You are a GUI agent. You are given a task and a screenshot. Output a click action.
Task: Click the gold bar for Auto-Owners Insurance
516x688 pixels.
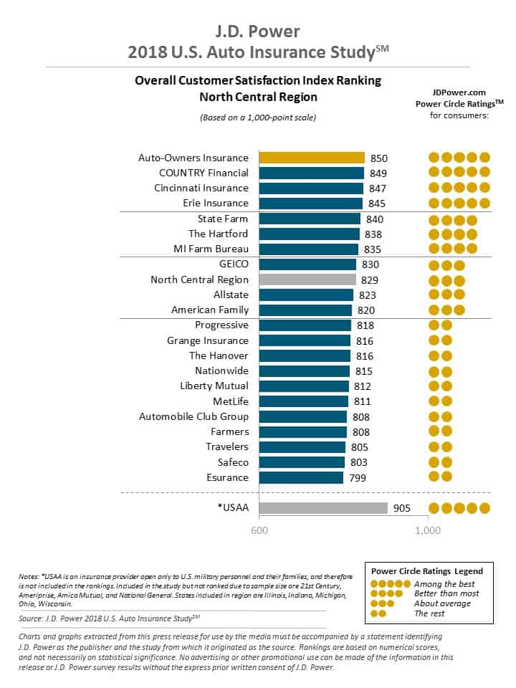point(312,158)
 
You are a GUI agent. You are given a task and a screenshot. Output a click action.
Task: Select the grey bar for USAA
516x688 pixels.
point(323,508)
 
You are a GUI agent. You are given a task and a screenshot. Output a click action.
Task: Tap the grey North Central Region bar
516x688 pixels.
point(307,279)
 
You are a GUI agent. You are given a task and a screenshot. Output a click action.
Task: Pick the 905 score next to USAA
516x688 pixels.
point(403,508)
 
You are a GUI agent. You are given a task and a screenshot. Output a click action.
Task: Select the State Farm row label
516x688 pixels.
point(223,219)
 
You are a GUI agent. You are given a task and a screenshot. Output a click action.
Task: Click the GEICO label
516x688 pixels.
point(234,264)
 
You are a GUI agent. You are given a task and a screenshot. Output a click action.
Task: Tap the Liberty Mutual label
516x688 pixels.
point(214,386)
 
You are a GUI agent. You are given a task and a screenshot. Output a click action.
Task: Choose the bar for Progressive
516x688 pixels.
point(305,325)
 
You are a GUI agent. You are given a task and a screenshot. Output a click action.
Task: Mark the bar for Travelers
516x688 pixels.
point(302,447)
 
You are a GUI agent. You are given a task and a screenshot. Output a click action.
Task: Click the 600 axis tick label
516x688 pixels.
point(259,531)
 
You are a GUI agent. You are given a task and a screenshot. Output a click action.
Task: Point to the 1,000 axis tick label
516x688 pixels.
point(428,531)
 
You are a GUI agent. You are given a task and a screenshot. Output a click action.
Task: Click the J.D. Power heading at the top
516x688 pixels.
point(257,32)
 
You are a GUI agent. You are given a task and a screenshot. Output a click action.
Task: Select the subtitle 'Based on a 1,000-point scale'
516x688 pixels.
point(257,117)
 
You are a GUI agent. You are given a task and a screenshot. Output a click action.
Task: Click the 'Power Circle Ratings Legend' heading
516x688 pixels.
point(426,571)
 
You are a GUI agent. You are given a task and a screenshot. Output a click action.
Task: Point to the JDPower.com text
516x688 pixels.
point(459,93)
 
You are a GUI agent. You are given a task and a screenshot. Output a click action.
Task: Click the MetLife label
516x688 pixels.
point(231,401)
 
